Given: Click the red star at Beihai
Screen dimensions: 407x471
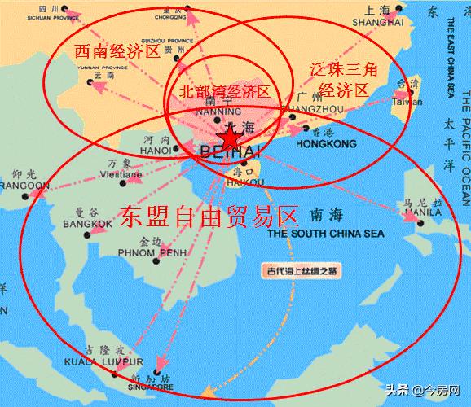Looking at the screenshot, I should (231, 141).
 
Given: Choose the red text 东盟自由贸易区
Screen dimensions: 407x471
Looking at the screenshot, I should (208, 215).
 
